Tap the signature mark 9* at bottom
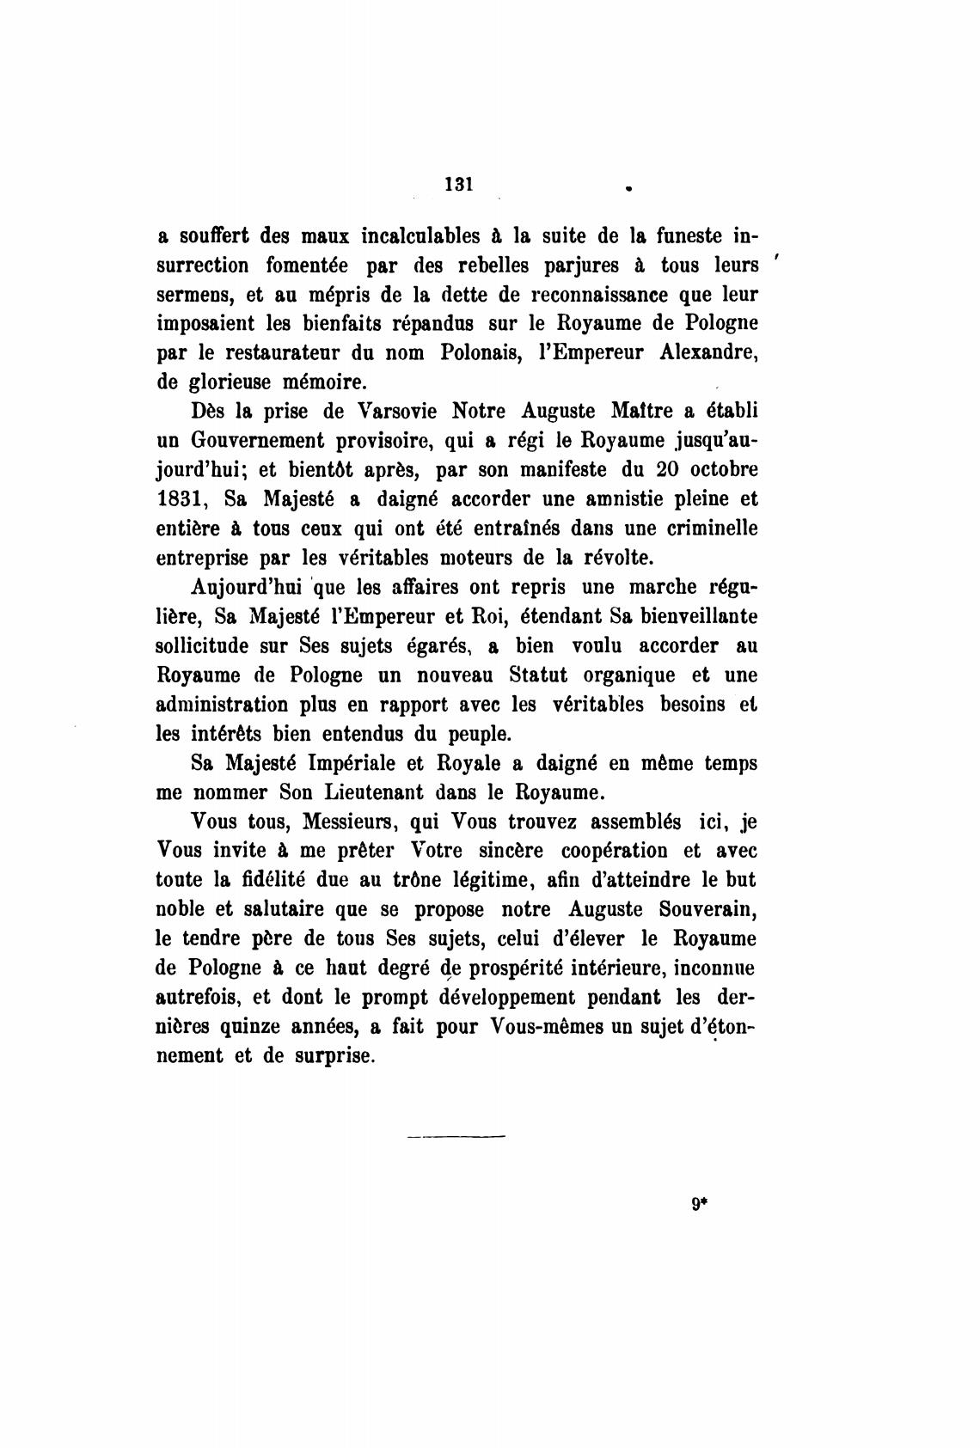(698, 1204)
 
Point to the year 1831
(181, 498)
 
